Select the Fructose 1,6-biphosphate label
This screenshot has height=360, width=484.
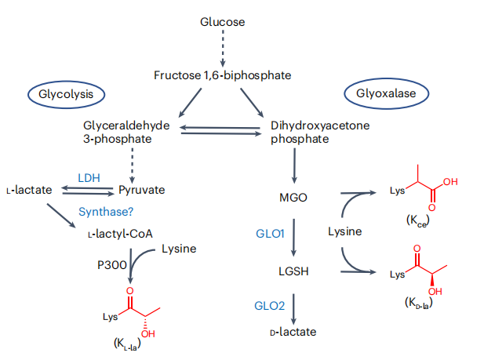tap(222, 75)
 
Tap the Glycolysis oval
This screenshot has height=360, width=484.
tap(67, 94)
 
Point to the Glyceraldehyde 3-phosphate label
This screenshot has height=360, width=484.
tap(127, 132)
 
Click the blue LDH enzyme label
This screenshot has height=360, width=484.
tap(89, 177)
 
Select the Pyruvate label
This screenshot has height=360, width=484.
tap(142, 191)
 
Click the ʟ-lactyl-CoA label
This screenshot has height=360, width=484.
tap(121, 234)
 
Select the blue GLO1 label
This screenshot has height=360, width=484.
tap(269, 234)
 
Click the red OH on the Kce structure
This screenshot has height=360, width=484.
tap(449, 182)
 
